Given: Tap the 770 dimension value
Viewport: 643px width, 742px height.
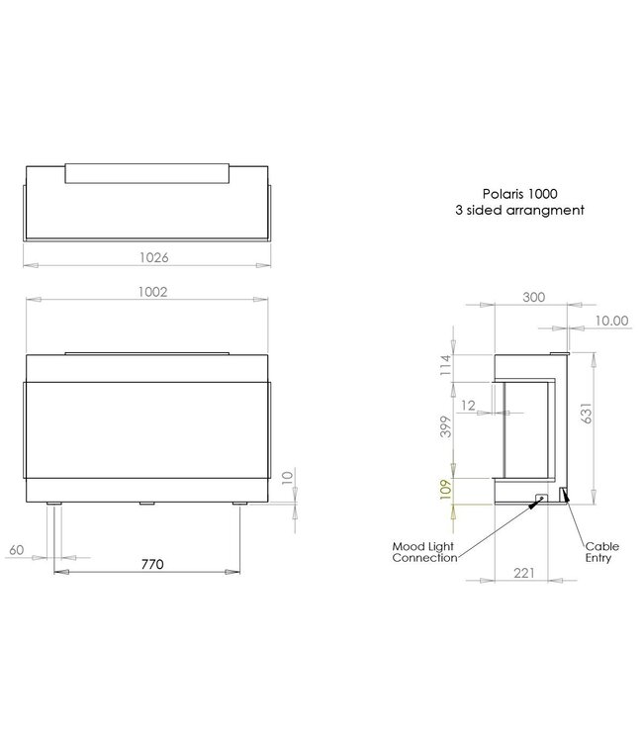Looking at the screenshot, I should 151,564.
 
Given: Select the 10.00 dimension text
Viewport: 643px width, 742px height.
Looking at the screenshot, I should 611,320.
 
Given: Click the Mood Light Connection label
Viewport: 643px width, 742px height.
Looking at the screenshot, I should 424,552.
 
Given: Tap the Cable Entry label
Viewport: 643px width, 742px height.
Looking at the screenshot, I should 601,551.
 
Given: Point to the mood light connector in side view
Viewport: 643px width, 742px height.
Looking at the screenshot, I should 540,499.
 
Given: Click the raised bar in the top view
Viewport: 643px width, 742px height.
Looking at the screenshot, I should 147,173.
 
